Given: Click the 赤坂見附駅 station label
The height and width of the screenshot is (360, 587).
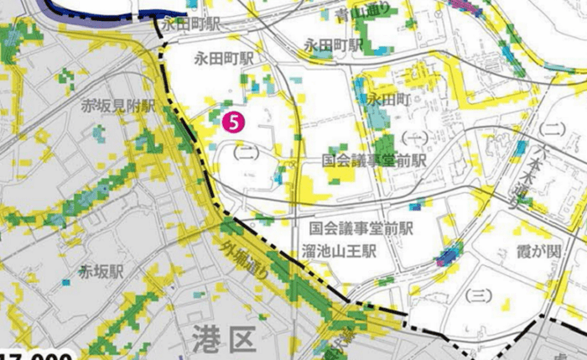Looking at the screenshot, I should pos(118,107).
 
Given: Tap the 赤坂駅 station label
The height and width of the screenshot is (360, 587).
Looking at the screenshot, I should pos(101,272).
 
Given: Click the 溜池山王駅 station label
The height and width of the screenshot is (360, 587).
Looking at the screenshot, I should pos(338,250).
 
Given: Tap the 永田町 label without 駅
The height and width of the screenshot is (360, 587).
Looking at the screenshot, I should pos(387,98).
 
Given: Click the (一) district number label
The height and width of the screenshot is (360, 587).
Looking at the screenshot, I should pos(413,136).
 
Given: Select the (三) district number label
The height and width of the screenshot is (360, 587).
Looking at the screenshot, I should pos(476,296).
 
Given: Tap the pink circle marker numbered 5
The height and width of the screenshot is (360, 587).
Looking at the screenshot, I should pos(233,120).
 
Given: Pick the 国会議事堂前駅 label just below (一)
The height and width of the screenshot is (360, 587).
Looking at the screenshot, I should pos(375,159).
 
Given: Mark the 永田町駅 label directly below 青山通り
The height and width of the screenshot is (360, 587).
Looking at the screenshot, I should pos(333,44).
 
